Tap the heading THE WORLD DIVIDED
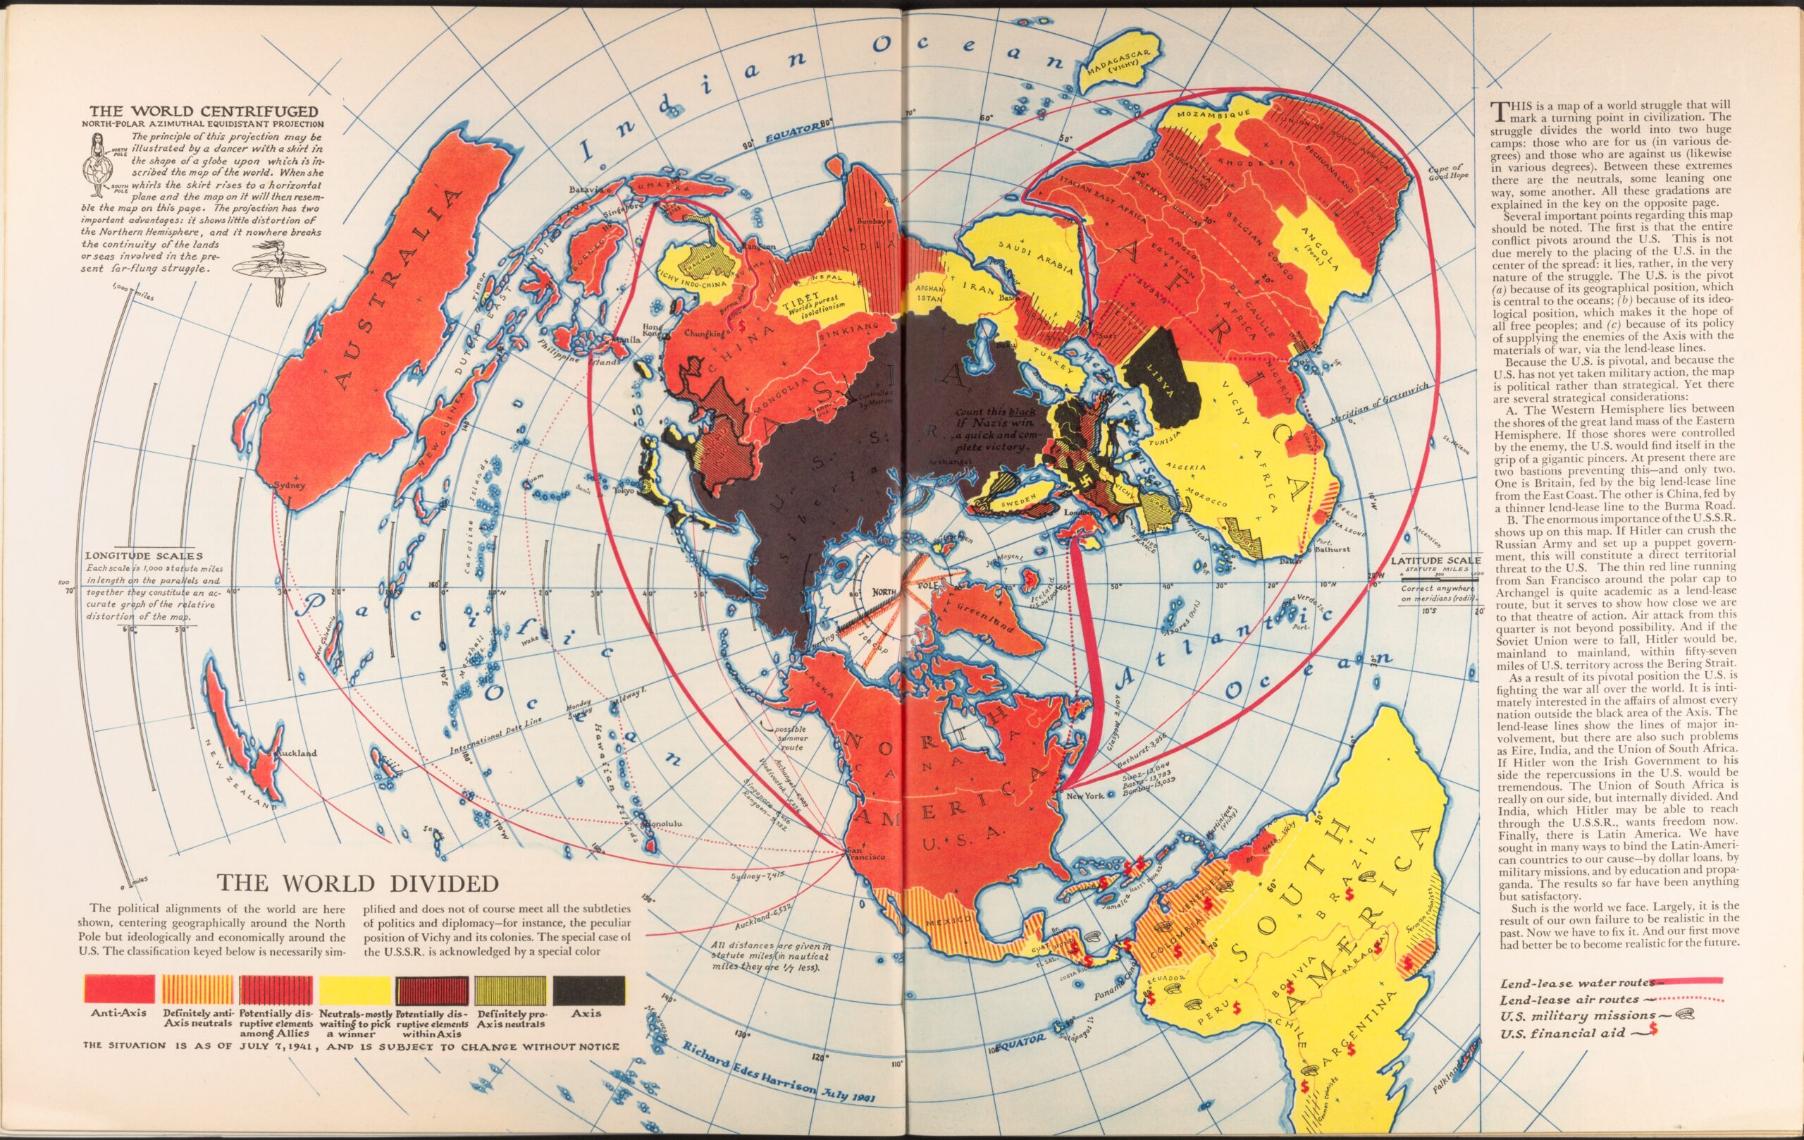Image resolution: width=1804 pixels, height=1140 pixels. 357,883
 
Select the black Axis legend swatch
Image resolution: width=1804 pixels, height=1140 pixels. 588,989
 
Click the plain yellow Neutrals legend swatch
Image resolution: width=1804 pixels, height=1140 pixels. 354,989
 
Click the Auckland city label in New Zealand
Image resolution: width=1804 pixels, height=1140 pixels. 297,752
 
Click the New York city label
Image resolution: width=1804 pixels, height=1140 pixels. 1084,796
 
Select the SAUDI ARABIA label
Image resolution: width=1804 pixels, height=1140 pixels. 1036,257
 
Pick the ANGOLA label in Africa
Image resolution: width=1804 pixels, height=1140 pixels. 1320,248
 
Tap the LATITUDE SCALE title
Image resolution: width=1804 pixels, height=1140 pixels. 1435,560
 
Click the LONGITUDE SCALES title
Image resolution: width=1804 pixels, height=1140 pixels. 144,556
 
